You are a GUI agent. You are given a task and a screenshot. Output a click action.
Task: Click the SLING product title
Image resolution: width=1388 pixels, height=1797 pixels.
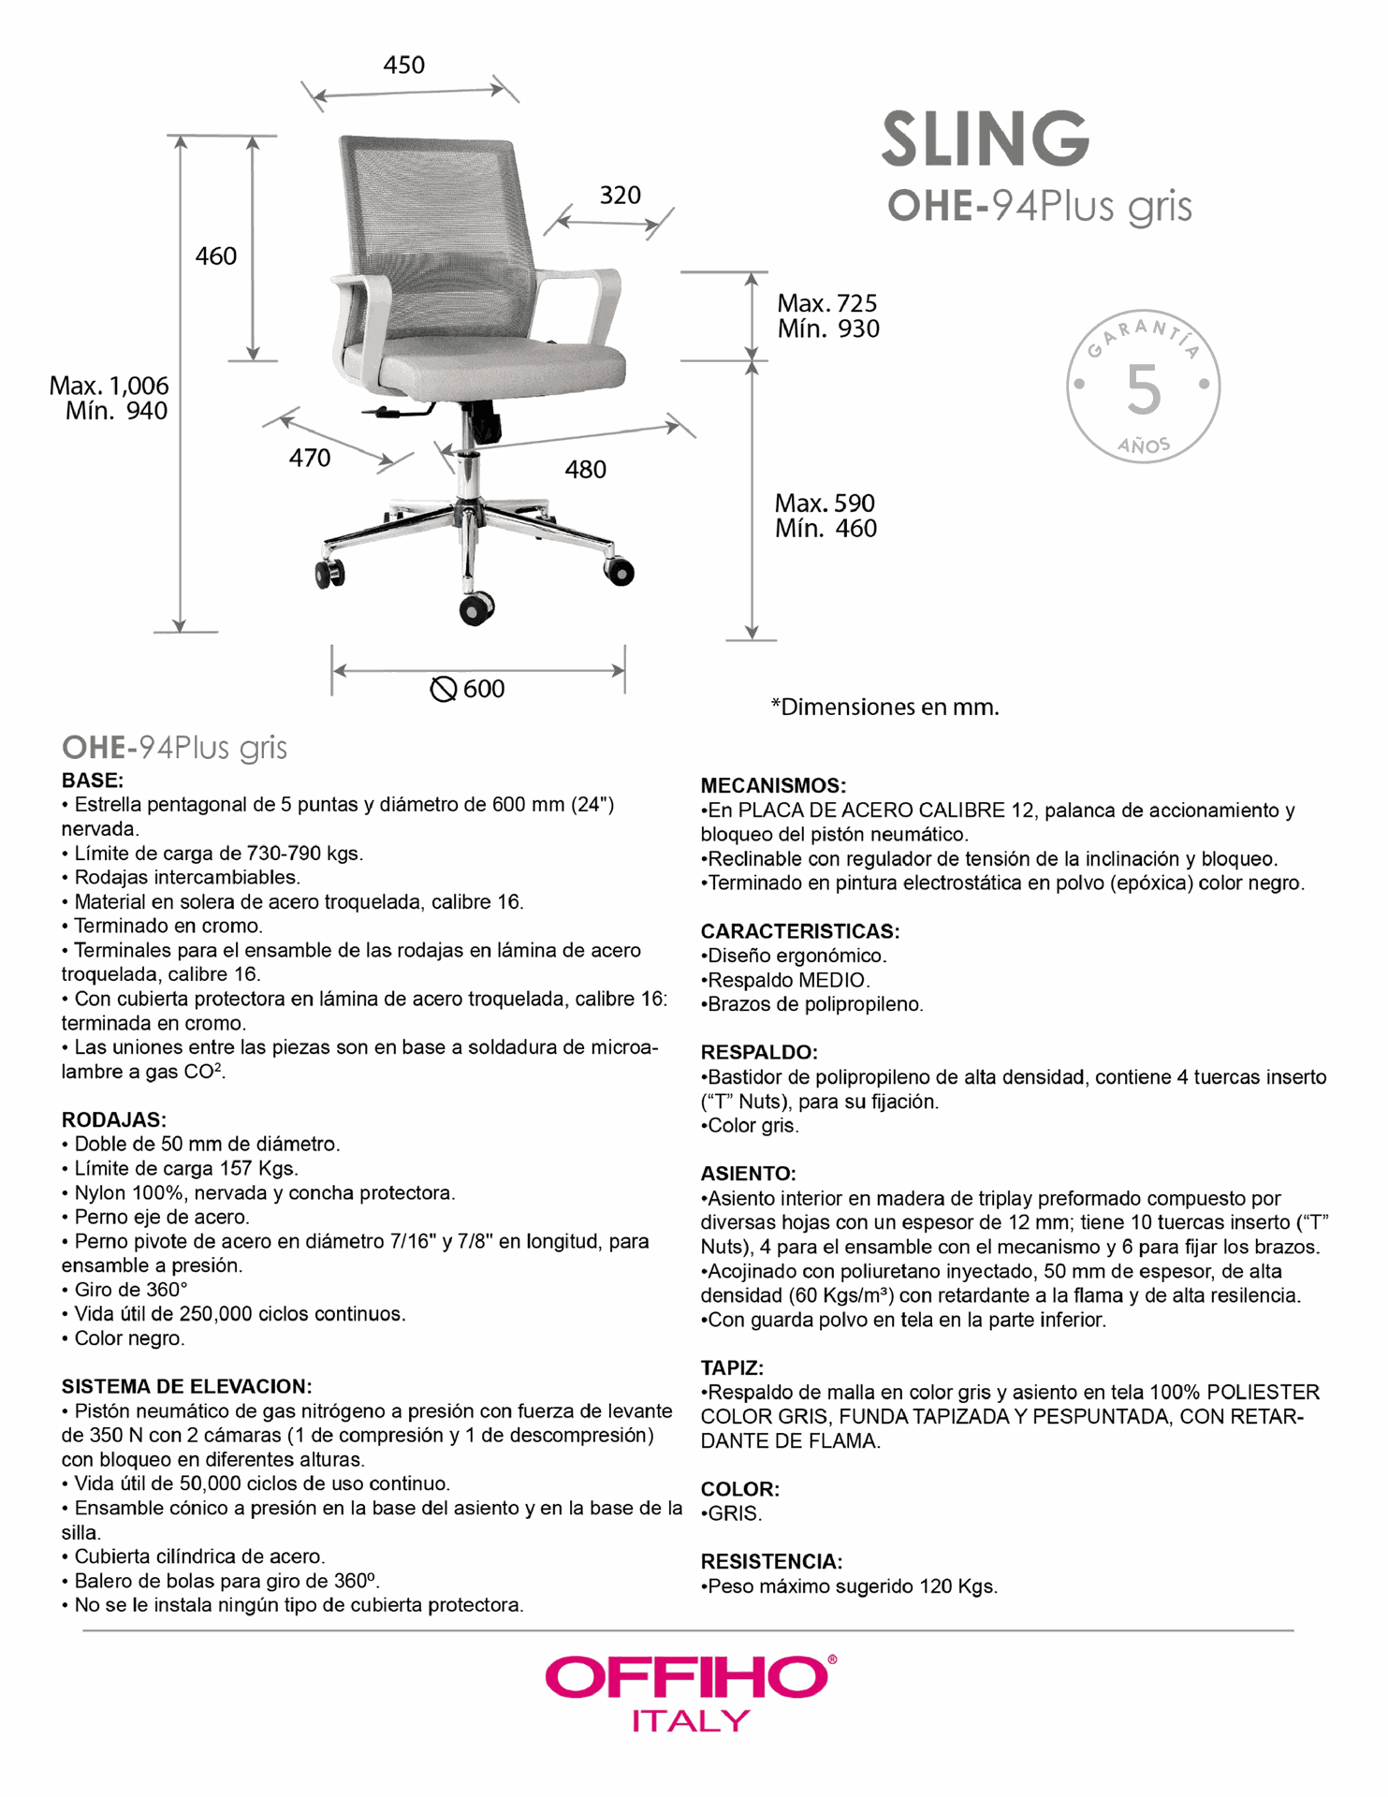click(986, 139)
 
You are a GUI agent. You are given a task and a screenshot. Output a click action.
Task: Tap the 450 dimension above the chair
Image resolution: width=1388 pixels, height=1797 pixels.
click(403, 66)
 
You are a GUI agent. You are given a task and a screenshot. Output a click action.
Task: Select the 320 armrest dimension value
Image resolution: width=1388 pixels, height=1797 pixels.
click(620, 196)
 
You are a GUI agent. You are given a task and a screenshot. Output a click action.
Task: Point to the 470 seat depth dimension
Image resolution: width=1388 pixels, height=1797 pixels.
click(309, 459)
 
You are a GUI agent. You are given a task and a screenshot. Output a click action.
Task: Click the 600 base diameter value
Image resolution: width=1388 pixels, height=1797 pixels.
click(484, 690)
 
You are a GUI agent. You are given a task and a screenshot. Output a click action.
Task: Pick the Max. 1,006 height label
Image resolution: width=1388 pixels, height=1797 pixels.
click(109, 386)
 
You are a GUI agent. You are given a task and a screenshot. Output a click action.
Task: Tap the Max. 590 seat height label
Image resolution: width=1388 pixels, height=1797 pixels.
click(824, 504)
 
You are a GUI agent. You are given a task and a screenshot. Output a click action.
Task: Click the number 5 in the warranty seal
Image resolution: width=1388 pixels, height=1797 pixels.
click(1143, 389)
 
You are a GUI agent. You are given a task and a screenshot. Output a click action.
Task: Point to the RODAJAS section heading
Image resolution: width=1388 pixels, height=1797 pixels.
click(113, 1120)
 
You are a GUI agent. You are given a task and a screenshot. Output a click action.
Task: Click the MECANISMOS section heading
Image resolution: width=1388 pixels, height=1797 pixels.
click(773, 786)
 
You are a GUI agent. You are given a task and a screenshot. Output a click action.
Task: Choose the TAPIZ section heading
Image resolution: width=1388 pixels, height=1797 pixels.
click(732, 1368)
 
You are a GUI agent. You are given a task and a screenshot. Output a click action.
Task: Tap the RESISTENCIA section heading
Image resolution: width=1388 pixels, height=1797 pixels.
click(771, 1562)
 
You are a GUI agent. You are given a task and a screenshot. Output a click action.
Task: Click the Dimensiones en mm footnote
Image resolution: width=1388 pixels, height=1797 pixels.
click(884, 708)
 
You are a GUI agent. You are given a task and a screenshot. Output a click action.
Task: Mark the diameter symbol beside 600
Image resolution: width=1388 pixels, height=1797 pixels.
click(443, 690)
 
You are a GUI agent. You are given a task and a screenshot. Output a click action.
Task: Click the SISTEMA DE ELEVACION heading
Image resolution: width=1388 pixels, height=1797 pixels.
click(186, 1387)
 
